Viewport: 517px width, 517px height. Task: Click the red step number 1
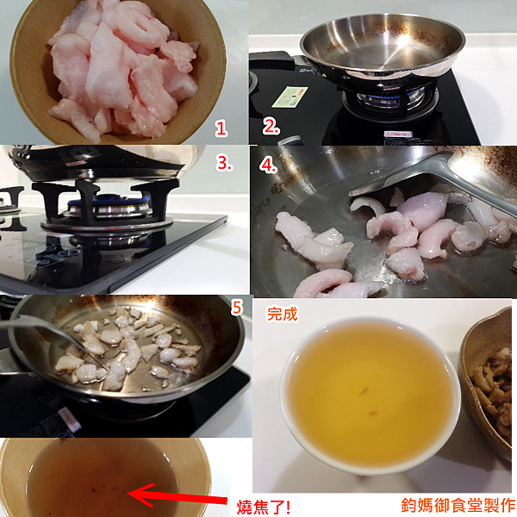tap(221, 128)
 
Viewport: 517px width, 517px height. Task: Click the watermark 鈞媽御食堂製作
tap(456, 505)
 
